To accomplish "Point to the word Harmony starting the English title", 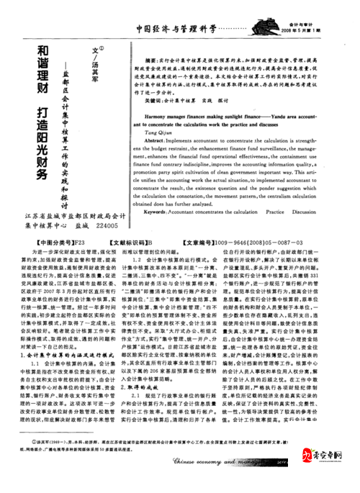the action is pyautogui.click(x=156, y=114).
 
